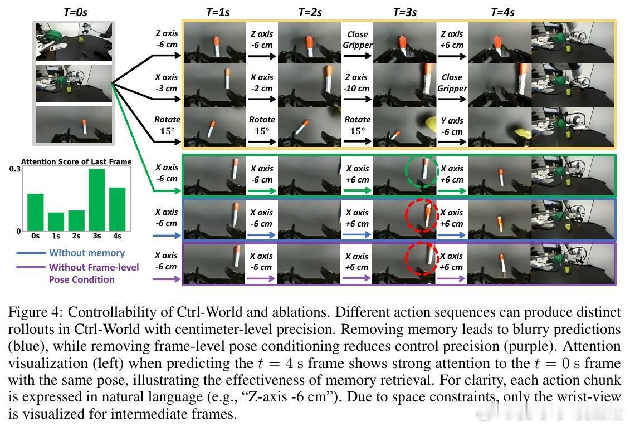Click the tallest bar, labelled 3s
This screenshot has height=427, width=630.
click(96, 199)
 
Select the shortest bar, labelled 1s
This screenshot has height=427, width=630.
click(56, 221)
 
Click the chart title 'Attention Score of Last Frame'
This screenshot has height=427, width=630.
click(76, 161)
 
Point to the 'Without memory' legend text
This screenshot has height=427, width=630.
click(86, 253)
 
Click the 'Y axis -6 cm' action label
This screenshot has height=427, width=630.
click(452, 126)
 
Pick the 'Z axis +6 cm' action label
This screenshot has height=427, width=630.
click(452, 39)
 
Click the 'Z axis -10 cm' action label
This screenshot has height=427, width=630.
click(356, 82)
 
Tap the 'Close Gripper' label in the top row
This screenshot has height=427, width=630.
click(357, 39)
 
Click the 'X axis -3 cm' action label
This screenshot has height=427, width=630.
click(167, 82)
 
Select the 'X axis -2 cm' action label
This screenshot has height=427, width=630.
click(261, 82)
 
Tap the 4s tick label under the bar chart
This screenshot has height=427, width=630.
click(117, 236)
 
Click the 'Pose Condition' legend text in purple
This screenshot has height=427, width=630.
click(81, 279)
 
